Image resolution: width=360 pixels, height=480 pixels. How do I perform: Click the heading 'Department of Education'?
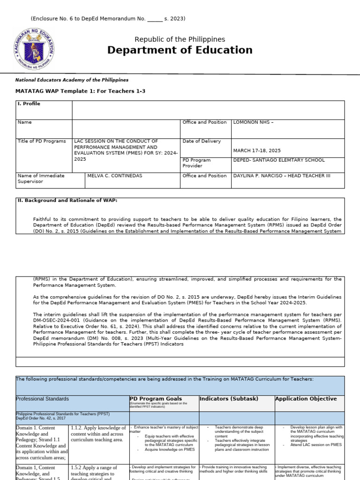pos(180,50)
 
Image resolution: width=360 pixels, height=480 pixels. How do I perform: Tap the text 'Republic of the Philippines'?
pos(180,39)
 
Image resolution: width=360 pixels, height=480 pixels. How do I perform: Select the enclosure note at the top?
pos(108,19)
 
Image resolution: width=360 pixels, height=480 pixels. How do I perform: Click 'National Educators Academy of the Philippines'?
pos(72,80)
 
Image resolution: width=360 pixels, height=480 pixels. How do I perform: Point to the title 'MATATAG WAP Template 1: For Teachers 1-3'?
pos(81,91)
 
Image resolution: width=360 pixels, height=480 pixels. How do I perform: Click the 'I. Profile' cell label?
pos(29,104)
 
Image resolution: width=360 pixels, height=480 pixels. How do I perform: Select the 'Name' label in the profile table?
pos(24,122)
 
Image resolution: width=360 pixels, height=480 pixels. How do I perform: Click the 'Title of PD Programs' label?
pos(42,141)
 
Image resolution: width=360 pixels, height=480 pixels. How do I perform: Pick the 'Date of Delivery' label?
pos(202,141)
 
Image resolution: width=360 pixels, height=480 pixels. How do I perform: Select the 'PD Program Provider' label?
pos(196,163)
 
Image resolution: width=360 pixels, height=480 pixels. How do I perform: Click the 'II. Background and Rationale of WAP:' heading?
pos(67,200)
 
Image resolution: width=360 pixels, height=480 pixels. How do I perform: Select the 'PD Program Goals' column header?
pos(155,399)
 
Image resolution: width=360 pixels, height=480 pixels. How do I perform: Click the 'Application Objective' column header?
pos(306,399)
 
